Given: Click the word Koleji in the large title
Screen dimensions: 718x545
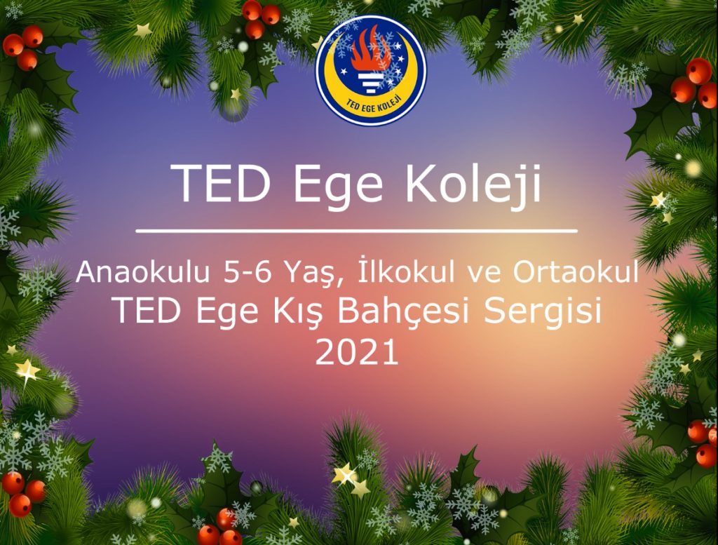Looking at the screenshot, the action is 473,184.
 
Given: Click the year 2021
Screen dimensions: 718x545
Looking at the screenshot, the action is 357,351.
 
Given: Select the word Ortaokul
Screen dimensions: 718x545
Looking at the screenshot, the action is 576,272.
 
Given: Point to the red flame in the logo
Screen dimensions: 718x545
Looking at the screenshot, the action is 371,50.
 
